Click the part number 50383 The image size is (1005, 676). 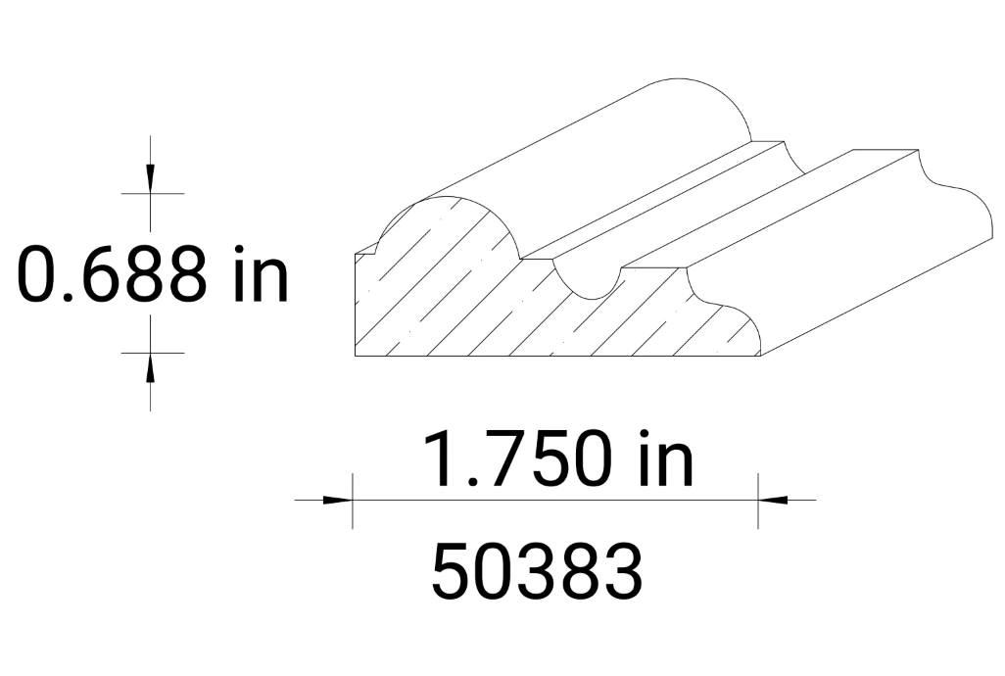point(537,571)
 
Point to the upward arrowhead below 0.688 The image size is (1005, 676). point(150,366)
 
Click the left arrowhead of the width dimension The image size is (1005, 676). point(338,500)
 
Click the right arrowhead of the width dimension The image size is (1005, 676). point(773,500)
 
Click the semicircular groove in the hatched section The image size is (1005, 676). point(586,279)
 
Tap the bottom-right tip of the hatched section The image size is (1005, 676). point(760,352)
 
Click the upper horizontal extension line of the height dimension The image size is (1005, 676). point(152,194)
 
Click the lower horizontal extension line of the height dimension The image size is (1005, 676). point(152,352)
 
